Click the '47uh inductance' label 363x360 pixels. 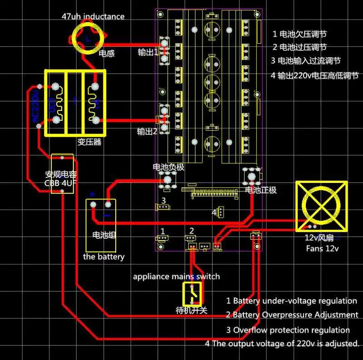click(x=93, y=17)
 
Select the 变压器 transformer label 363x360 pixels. click(x=89, y=142)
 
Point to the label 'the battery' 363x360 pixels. click(x=103, y=257)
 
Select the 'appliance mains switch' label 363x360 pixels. click(x=176, y=276)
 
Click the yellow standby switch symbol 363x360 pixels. click(x=193, y=294)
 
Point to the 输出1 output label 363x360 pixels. click(x=148, y=52)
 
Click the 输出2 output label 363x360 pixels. click(x=147, y=132)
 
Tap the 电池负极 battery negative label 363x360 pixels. click(x=169, y=167)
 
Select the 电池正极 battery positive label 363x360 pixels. click(x=260, y=189)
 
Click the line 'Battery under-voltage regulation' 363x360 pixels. click(x=291, y=301)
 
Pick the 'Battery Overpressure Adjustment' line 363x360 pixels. click(x=292, y=315)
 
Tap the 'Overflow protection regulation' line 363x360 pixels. click(x=288, y=330)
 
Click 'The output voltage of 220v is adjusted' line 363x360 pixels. click(x=282, y=344)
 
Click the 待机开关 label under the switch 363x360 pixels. click(x=191, y=311)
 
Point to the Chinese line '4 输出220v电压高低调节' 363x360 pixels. click(x=314, y=75)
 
